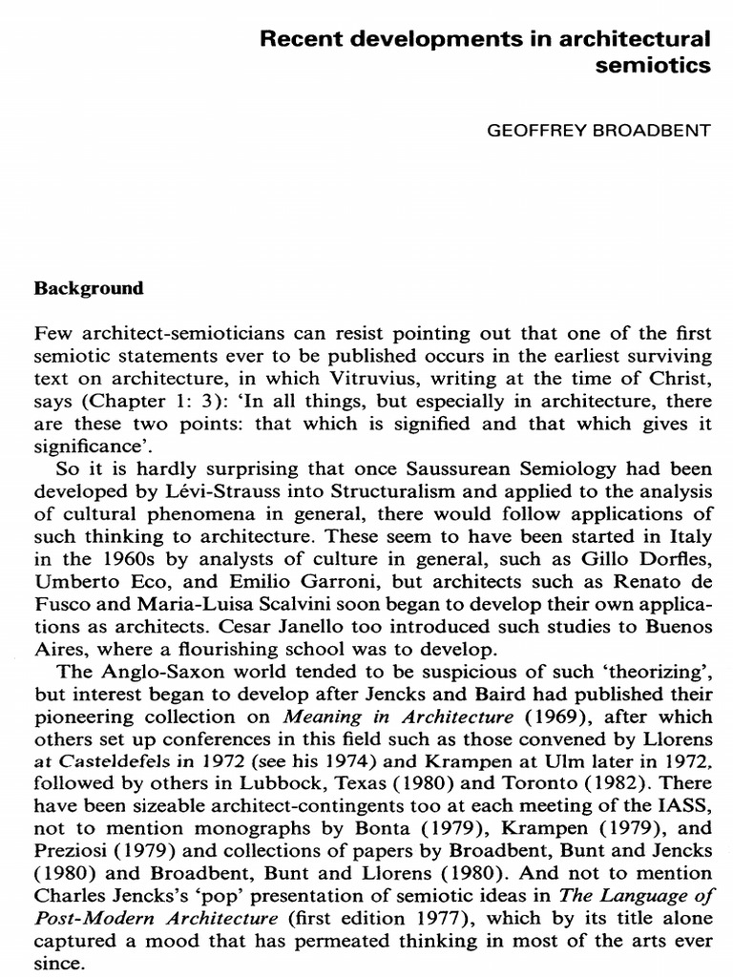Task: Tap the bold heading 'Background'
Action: pos(89,287)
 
